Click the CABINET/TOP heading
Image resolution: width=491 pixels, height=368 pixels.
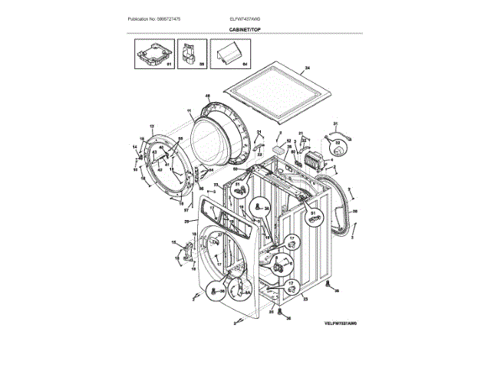coord(245,28)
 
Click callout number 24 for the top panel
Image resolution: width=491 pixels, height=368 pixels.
coord(308,69)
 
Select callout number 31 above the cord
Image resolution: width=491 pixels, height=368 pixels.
coord(334,124)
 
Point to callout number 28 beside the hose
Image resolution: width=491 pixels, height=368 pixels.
coord(354,212)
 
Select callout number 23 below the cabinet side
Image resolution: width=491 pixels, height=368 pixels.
coord(305,299)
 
